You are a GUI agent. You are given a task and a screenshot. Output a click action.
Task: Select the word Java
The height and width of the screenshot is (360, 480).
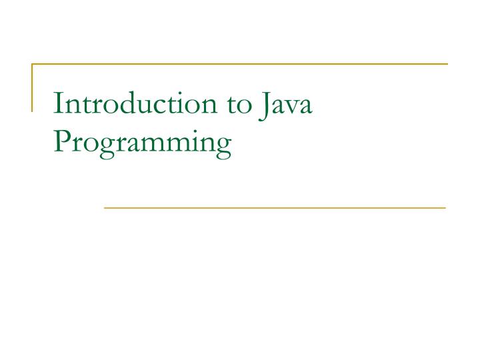(284, 105)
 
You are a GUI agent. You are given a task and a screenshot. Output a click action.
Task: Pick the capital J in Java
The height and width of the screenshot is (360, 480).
(261, 105)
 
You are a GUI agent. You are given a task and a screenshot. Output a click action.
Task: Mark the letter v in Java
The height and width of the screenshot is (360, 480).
(291, 108)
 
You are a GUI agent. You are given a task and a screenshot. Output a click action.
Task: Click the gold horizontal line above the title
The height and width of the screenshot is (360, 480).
(240, 64)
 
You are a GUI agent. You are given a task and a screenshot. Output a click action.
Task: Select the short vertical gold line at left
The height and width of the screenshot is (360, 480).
(33, 87)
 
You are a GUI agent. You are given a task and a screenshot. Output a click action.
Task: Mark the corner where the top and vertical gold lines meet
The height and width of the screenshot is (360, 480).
(33, 64)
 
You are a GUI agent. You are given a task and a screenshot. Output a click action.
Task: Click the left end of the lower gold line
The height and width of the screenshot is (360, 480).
(105, 208)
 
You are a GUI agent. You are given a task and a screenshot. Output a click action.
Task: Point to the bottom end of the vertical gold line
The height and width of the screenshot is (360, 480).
(33, 109)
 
